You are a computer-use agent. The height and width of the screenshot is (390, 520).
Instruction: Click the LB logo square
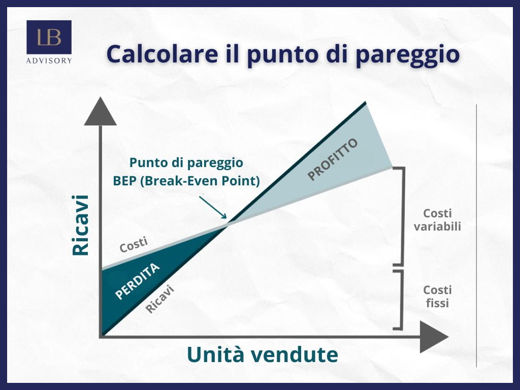(x=49, y=37)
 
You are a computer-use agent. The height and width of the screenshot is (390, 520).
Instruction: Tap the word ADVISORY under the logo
(x=49, y=61)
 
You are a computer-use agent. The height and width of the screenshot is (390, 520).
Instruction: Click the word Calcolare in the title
(x=162, y=54)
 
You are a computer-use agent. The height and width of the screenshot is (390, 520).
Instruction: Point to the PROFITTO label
(x=333, y=159)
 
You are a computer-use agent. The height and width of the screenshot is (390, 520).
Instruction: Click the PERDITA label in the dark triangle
(x=137, y=281)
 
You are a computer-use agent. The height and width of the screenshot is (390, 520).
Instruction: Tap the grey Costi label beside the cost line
(x=134, y=245)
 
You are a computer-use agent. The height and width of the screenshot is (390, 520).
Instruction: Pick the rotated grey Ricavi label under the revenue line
(x=160, y=299)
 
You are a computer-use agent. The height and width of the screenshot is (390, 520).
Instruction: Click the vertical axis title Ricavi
(x=81, y=225)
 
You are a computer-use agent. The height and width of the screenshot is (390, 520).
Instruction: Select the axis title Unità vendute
(x=263, y=354)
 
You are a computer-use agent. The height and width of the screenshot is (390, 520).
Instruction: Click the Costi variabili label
(x=437, y=220)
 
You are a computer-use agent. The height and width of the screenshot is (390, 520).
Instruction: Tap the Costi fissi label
(x=437, y=297)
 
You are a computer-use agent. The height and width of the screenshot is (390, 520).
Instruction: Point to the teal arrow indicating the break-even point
(x=213, y=207)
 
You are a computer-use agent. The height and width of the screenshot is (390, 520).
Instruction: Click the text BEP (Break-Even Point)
(x=186, y=181)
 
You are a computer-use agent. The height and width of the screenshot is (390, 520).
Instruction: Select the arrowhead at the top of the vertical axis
(x=100, y=111)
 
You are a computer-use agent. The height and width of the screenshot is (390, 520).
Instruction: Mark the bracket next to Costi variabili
(x=403, y=216)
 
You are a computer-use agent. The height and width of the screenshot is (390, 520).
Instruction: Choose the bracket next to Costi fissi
(x=401, y=300)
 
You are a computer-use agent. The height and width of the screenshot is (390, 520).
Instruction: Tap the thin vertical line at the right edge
(x=476, y=236)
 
